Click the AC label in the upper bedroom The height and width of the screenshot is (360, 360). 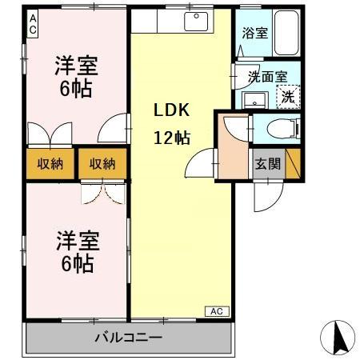[x=33, y=25]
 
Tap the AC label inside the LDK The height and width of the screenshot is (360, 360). [x=218, y=310]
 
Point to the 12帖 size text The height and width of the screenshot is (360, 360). [x=171, y=138]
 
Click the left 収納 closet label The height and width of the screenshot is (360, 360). [x=50, y=164]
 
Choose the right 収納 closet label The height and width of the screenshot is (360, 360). [x=102, y=164]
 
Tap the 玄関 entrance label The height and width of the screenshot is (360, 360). [x=267, y=165]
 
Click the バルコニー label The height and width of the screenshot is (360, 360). [x=130, y=338]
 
